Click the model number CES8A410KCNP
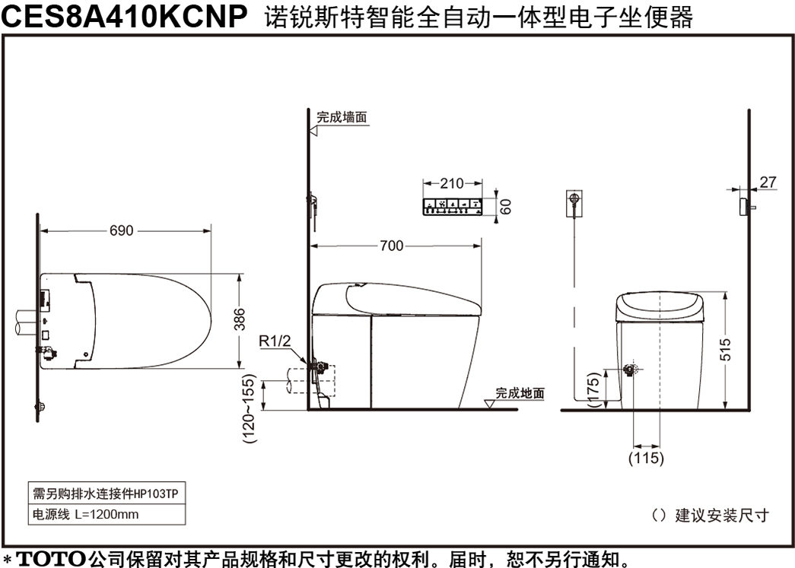[x=125, y=16]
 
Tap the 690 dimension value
[x=122, y=230]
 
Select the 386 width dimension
[x=240, y=319]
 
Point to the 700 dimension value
[x=392, y=246]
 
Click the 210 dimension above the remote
[x=452, y=183]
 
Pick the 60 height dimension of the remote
[x=505, y=206]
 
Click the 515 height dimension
[x=726, y=350]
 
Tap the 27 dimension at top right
[x=768, y=182]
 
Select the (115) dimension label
[x=646, y=458]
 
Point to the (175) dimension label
[x=593, y=389]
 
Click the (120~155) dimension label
[x=249, y=409]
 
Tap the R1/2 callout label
[x=275, y=341]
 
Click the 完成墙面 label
[x=342, y=117]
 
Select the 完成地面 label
[x=520, y=393]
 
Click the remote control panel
[x=453, y=207]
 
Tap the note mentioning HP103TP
[x=106, y=493]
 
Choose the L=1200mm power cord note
[x=86, y=514]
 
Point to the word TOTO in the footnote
[x=51, y=560]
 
